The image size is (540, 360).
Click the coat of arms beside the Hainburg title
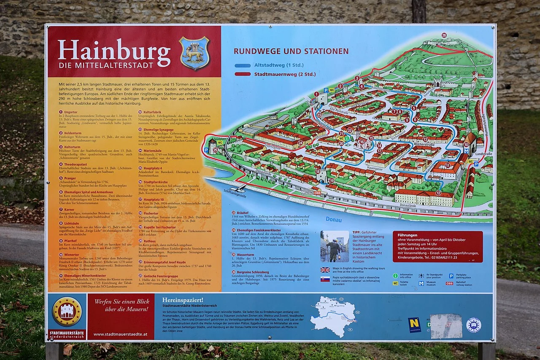[194, 53]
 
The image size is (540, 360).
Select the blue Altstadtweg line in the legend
[243, 65]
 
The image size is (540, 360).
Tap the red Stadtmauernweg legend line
[243, 74]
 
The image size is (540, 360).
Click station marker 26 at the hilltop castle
[444, 35]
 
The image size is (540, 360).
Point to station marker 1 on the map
[316, 94]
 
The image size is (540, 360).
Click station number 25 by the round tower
[216, 150]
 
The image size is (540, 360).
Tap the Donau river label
[334, 220]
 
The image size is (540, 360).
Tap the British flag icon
[325, 270]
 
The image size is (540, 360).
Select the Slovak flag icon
[325, 279]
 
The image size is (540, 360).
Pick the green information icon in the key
[395, 276]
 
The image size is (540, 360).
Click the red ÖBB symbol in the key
[449, 284]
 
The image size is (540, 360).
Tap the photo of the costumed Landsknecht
[334, 246]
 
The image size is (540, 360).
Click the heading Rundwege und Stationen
[291, 51]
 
